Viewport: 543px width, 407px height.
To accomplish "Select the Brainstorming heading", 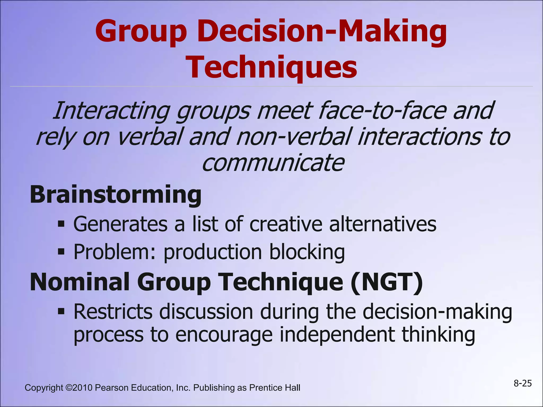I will click(116, 195).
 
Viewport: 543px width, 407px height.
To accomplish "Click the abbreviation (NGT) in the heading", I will click(387, 282).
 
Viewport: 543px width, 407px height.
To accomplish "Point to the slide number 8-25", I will click(523, 383).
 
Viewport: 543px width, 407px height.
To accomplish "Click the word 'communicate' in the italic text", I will click(273, 162).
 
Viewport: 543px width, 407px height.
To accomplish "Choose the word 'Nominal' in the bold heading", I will click(80, 282).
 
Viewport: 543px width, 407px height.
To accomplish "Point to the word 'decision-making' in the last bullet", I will click(437, 312).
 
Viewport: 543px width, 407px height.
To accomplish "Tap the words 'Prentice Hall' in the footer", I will click(275, 388).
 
